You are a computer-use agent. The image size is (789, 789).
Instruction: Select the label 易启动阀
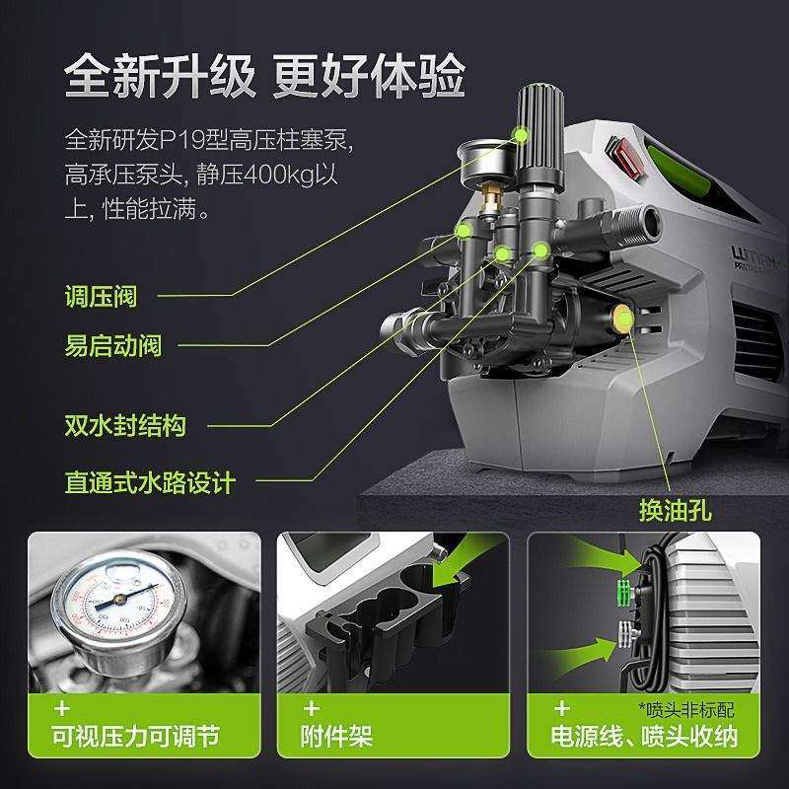(113, 346)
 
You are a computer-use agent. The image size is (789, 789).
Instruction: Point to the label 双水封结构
(125, 426)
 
